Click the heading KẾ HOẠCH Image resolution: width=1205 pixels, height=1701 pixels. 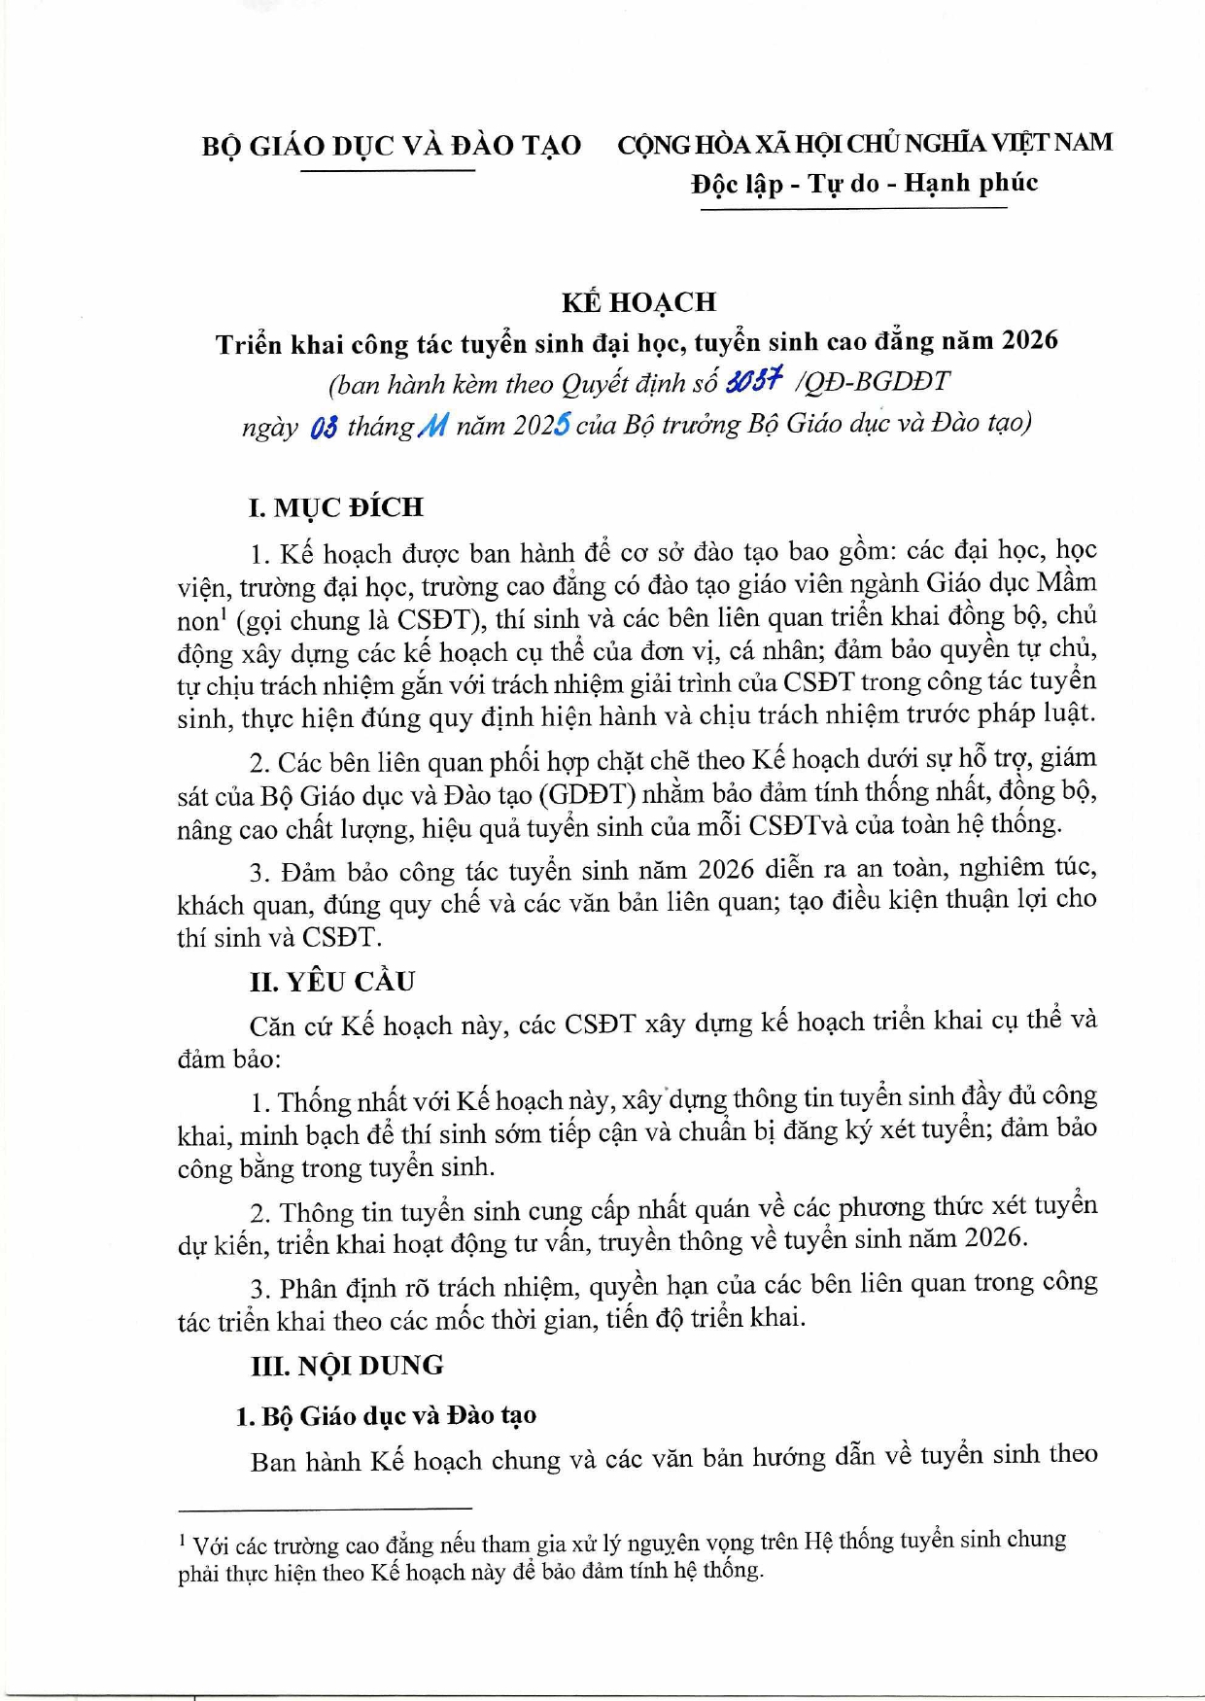tap(638, 302)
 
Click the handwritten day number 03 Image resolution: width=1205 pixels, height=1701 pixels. tap(324, 427)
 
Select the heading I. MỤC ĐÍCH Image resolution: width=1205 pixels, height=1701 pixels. tap(336, 507)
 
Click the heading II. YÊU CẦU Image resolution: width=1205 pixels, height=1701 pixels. tap(332, 982)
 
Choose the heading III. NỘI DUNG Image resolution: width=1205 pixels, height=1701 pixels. tap(347, 1366)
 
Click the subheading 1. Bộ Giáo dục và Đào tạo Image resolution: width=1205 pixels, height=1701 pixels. tap(386, 1415)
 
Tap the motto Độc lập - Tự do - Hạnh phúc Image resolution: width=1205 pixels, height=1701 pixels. tap(864, 184)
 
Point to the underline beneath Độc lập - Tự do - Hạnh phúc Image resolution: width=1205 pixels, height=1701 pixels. tap(853, 209)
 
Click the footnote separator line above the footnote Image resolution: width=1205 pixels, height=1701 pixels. tap(325, 1509)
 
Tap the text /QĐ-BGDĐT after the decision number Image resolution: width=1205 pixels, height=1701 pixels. tap(872, 381)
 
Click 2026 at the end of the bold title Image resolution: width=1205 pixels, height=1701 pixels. tap(1030, 340)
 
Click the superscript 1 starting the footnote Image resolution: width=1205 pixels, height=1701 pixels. tap(183, 1539)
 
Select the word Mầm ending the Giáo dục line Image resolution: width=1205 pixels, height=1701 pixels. tap(1066, 583)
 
